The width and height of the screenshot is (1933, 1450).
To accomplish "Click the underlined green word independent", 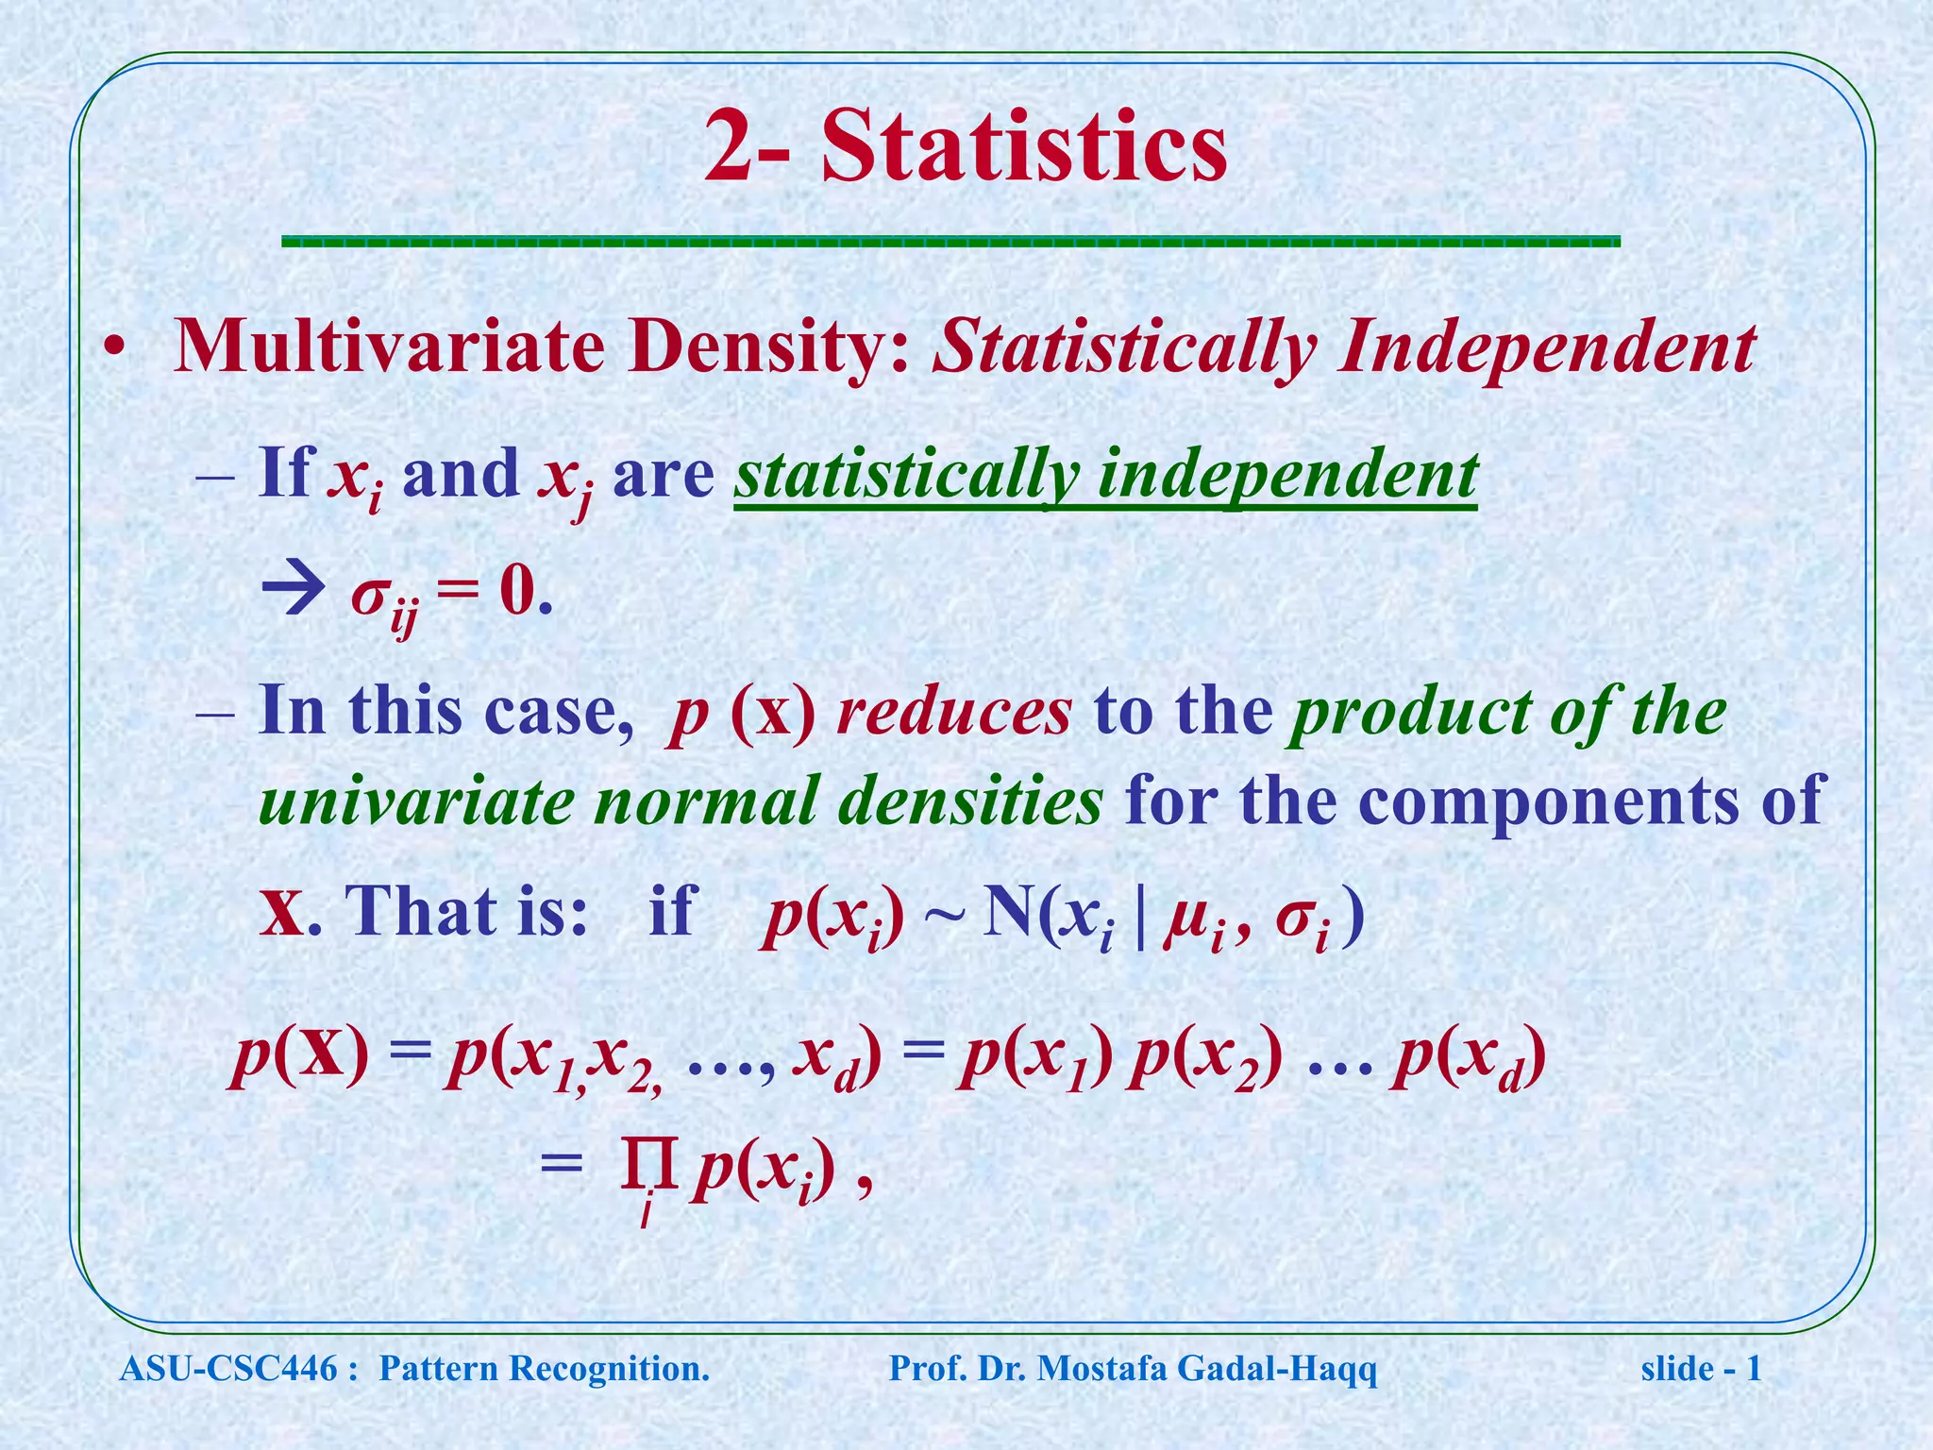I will pos(1287,476).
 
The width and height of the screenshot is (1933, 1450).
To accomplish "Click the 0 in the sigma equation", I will pos(517,594).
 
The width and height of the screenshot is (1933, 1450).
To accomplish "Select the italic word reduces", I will pos(954,712).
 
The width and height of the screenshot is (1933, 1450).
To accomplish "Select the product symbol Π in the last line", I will pos(649,1169).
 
